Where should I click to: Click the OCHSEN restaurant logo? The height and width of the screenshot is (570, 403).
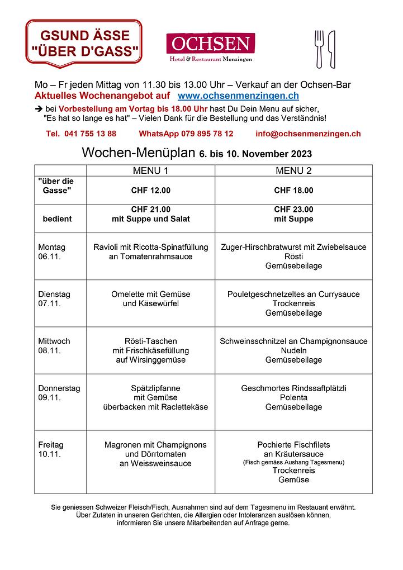(210, 47)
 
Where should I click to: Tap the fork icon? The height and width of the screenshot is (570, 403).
(320, 49)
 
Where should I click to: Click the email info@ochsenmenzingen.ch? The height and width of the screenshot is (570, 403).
(308, 134)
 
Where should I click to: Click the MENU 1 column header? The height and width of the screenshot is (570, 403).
(150, 170)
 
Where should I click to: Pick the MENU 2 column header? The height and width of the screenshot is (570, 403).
(293, 170)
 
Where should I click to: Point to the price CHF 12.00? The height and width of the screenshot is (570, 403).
(150, 191)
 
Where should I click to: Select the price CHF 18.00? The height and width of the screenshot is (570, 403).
(293, 191)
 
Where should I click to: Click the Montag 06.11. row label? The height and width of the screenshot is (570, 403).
(51, 251)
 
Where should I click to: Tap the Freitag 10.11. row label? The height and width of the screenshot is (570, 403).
(51, 449)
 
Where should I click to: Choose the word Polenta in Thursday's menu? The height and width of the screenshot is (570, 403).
(293, 397)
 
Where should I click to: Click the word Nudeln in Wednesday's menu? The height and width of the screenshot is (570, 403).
(293, 350)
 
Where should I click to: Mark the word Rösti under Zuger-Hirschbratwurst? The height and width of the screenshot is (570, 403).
(293, 256)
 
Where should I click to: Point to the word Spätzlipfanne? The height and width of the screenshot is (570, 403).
(155, 388)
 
